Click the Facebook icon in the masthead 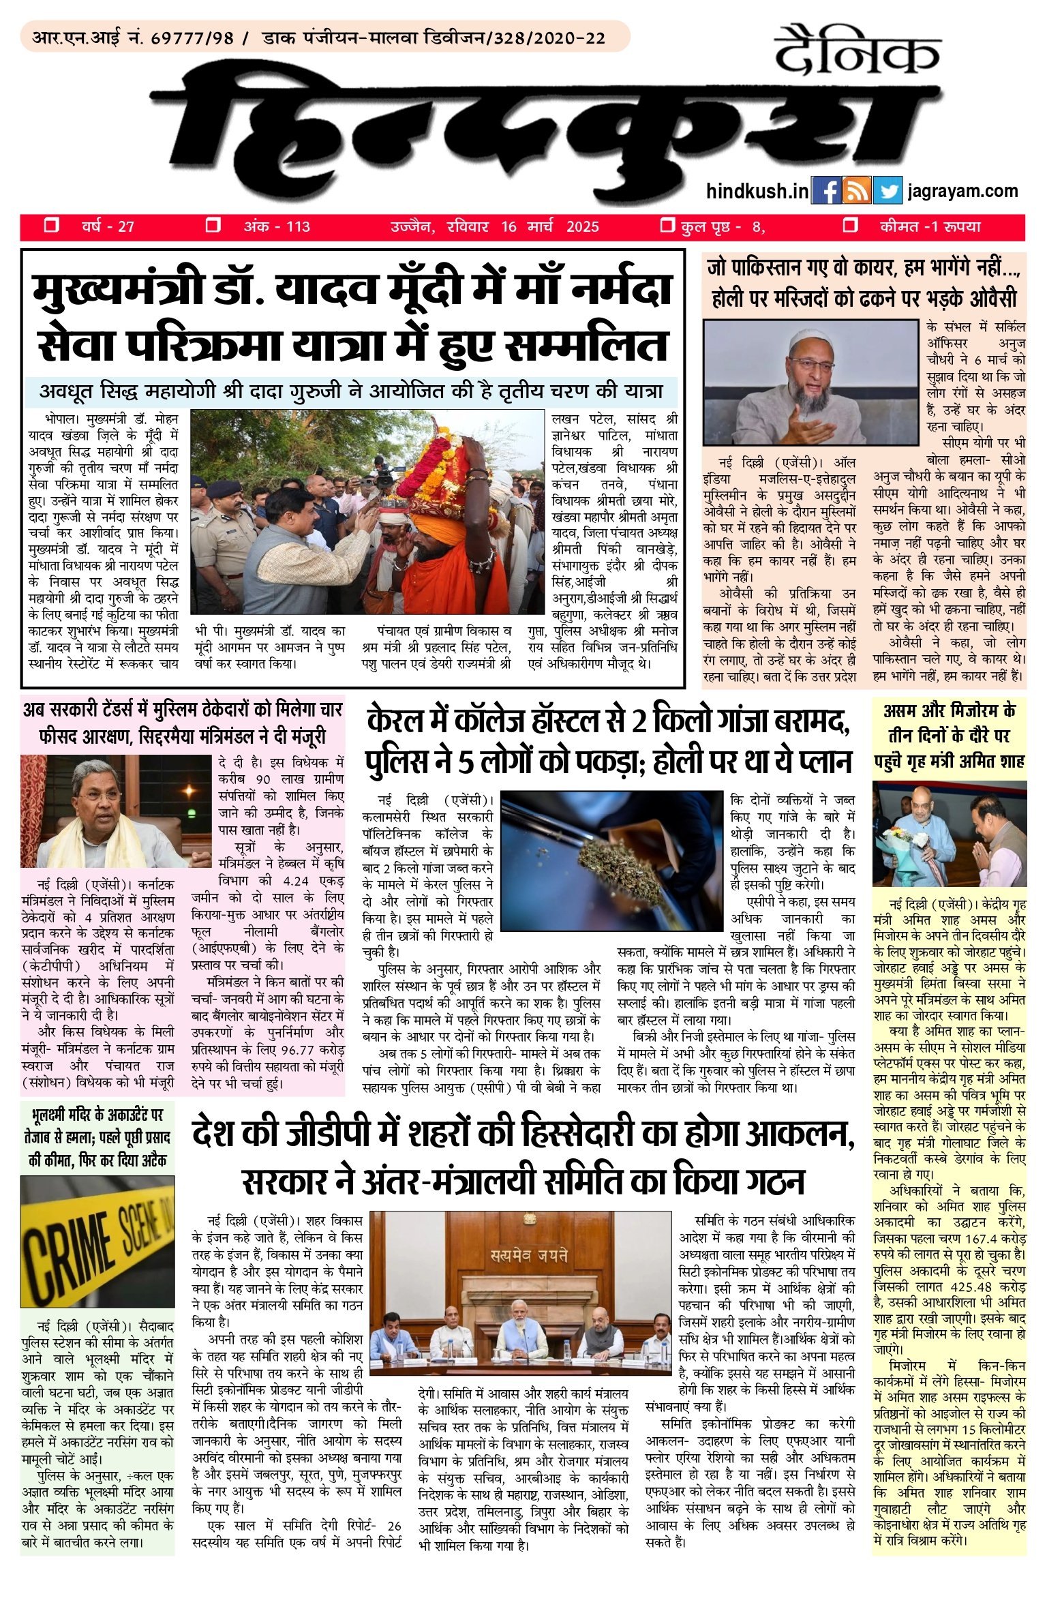pyautogui.click(x=827, y=191)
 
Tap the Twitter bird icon pyautogui.click(x=887, y=191)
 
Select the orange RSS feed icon pyautogui.click(x=857, y=191)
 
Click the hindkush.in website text pyautogui.click(x=757, y=192)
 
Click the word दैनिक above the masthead pyautogui.click(x=857, y=50)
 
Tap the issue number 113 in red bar pyautogui.click(x=298, y=227)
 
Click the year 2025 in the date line pyautogui.click(x=583, y=227)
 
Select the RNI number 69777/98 pyautogui.click(x=192, y=38)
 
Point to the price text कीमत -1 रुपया pyautogui.click(x=930, y=227)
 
